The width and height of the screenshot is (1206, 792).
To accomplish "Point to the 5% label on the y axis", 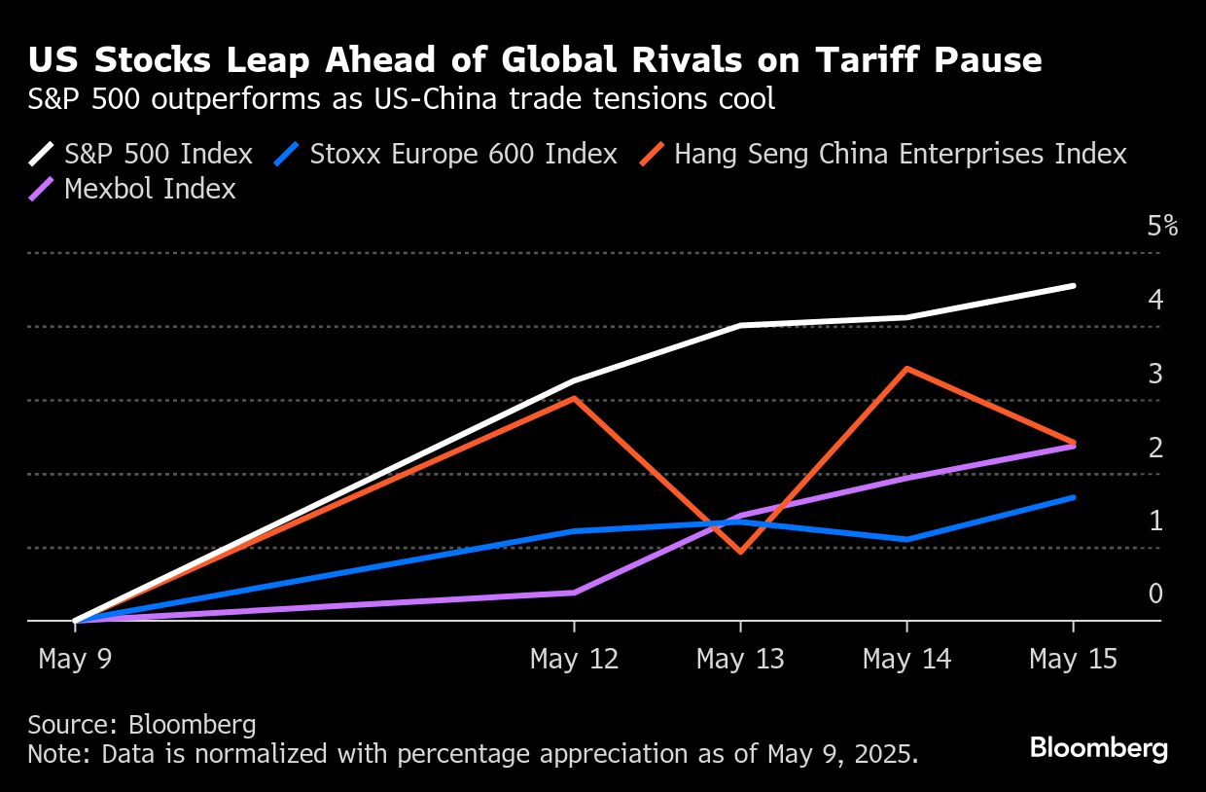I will tap(1162, 227).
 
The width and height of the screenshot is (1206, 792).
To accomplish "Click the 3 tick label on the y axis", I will tap(1155, 374).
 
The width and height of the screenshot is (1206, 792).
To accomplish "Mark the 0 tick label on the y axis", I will tap(1155, 594).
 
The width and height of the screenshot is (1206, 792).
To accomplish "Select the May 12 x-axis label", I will tap(574, 660).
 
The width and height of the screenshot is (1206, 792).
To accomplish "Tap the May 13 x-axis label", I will tap(740, 660).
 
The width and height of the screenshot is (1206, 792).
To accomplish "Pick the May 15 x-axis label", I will tap(1074, 660).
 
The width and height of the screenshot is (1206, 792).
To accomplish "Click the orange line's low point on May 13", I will tap(741, 552).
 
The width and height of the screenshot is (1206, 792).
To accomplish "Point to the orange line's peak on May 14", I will tap(906, 369).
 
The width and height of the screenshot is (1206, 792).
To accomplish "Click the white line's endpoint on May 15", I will tap(1074, 286).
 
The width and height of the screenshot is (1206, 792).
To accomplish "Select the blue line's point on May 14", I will tap(906, 539).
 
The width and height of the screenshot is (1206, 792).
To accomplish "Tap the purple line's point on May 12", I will tap(574, 593).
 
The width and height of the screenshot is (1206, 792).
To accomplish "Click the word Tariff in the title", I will tap(840, 60).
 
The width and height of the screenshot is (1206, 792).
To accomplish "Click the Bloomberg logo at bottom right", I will tap(1098, 748).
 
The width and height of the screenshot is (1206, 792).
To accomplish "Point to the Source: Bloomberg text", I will tap(142, 725).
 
